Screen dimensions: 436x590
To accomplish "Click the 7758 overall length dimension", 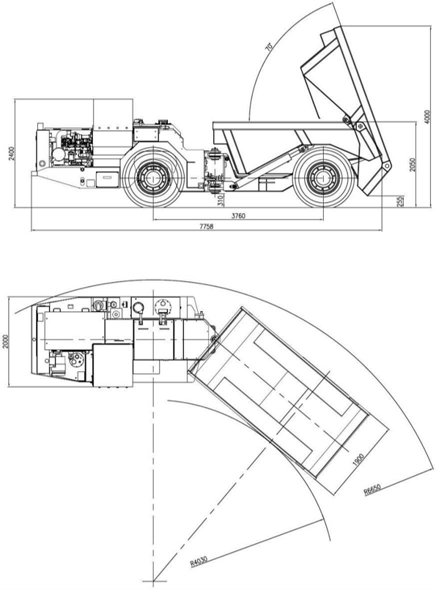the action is coord(207,226).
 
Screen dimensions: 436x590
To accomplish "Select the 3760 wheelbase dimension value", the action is coord(238,216).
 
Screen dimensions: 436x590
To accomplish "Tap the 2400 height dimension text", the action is coord(12,154).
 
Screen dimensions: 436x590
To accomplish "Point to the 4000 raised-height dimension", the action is coord(426,117).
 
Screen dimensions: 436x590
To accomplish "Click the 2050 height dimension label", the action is coord(413,164).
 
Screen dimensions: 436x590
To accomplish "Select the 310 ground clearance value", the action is coord(221,199).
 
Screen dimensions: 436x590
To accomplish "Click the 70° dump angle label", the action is coord(269,47).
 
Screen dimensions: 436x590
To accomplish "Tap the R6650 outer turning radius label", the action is coord(372,489).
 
